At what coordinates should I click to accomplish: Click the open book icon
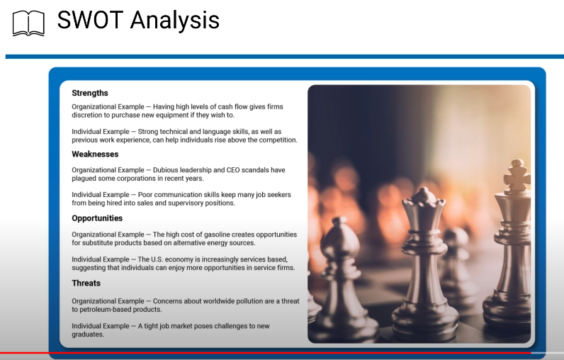pyautogui.click(x=28, y=23)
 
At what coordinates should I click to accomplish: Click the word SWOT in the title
pyautogui.click(x=90, y=20)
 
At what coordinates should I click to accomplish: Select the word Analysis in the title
pyautogui.click(x=175, y=21)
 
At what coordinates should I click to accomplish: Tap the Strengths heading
pyautogui.click(x=90, y=93)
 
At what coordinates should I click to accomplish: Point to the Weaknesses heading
pyautogui.click(x=95, y=154)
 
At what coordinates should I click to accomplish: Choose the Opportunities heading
pyautogui.click(x=97, y=218)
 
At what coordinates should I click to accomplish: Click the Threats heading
pyautogui.click(x=86, y=283)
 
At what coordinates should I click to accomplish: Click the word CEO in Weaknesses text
pyautogui.click(x=233, y=170)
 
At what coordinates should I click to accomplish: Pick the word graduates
pyautogui.click(x=88, y=334)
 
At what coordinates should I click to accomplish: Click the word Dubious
pyautogui.click(x=165, y=170)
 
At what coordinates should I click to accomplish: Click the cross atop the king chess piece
pyautogui.click(x=517, y=175)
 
